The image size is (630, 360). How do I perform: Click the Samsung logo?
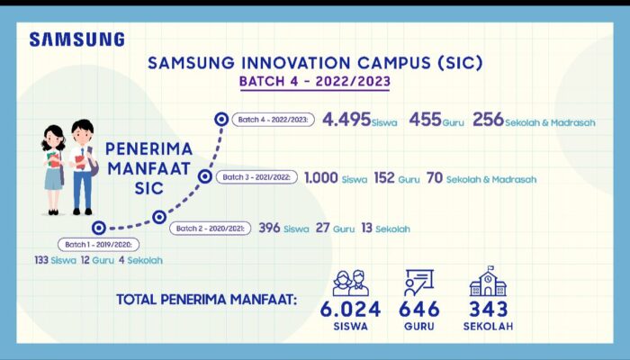[x=76, y=40]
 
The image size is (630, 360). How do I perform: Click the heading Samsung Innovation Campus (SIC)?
[x=315, y=64]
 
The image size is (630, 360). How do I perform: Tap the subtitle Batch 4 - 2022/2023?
[x=315, y=82]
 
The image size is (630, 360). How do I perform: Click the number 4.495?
[x=346, y=119]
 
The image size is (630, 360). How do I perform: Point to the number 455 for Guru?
[x=424, y=119]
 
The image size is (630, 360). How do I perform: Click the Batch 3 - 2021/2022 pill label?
[x=256, y=177]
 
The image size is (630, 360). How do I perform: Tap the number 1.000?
[x=321, y=177]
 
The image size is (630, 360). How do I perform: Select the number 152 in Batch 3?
[x=384, y=177]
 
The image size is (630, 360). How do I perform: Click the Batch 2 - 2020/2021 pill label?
[x=211, y=229]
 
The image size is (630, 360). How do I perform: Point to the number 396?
[x=270, y=229]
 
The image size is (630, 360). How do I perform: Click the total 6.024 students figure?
[x=351, y=310]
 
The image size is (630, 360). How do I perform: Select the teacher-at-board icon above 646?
[x=421, y=283]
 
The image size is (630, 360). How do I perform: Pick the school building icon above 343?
[x=488, y=282]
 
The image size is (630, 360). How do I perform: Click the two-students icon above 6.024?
[x=351, y=282]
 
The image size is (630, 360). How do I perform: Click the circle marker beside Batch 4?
[x=221, y=118]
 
